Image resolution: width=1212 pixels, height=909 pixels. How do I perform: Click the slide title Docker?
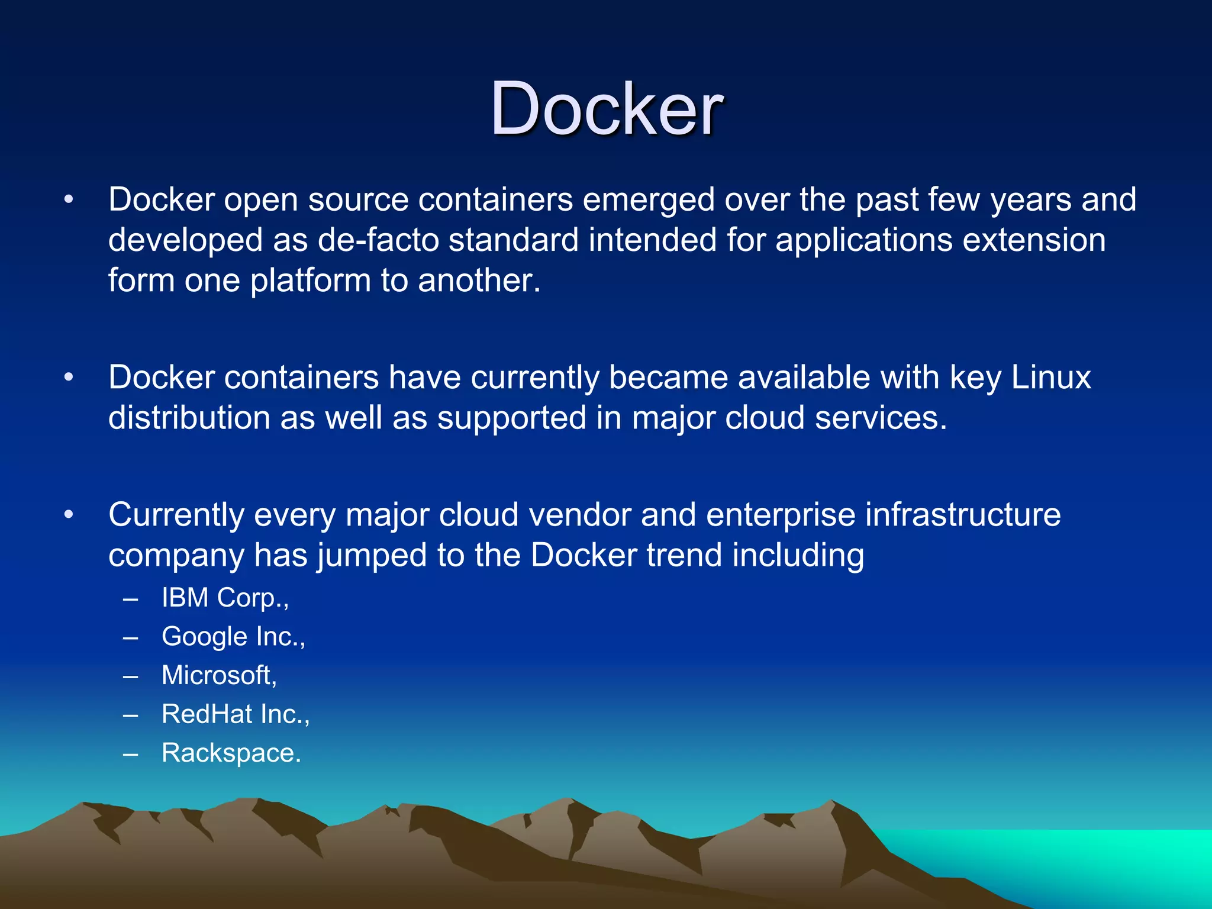pyautogui.click(x=606, y=109)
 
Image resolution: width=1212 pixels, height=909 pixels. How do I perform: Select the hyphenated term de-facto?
pyautogui.click(x=378, y=240)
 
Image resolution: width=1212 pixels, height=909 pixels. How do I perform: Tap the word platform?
pyautogui.click(x=310, y=281)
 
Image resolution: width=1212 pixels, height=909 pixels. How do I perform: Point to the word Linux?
pyautogui.click(x=1050, y=378)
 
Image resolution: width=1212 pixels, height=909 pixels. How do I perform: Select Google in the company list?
pyautogui.click(x=204, y=637)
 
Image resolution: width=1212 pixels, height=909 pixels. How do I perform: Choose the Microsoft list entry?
pyautogui.click(x=219, y=675)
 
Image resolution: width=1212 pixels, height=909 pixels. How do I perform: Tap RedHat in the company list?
pyautogui.click(x=207, y=714)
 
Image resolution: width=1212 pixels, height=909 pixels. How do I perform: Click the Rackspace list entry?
pyautogui.click(x=231, y=753)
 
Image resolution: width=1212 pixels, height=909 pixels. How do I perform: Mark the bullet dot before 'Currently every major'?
pyautogui.click(x=69, y=515)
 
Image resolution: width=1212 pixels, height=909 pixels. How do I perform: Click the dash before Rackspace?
pyautogui.click(x=131, y=754)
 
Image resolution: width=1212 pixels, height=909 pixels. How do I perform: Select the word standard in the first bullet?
pyautogui.click(x=513, y=240)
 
